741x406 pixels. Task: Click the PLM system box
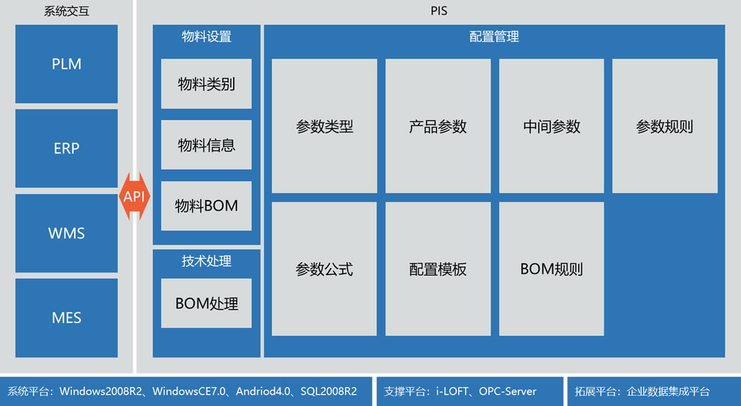67,64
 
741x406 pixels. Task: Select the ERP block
67,148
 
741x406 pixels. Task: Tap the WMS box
67,233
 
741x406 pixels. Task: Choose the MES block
67,318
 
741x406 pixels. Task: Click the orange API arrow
135,197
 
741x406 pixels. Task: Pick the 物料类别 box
207,84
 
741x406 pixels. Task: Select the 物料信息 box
207,145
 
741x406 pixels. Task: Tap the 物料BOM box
207,206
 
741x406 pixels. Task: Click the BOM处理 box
207,303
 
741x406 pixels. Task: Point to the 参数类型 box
325,126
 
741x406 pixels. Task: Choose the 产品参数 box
438,126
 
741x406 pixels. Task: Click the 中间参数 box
552,126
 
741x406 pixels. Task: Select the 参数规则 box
665,126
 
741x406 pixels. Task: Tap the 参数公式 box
325,269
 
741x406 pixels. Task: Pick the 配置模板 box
438,269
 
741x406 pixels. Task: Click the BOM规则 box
552,269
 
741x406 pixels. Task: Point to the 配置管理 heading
494,36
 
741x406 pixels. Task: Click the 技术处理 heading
207,261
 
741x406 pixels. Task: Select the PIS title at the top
439,11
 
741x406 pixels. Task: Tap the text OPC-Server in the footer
507,391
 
